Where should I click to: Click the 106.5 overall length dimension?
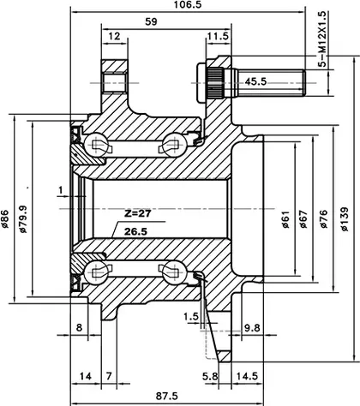(188, 4)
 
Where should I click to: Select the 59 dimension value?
(151, 21)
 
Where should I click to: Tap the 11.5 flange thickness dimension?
(218, 36)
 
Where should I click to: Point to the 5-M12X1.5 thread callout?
(322, 39)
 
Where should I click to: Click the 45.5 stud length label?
(255, 82)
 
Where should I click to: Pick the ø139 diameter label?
(345, 219)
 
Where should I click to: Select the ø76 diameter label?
(324, 219)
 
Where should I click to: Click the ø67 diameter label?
(303, 219)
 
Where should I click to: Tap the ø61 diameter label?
(285, 219)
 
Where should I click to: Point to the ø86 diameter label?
(5, 219)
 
